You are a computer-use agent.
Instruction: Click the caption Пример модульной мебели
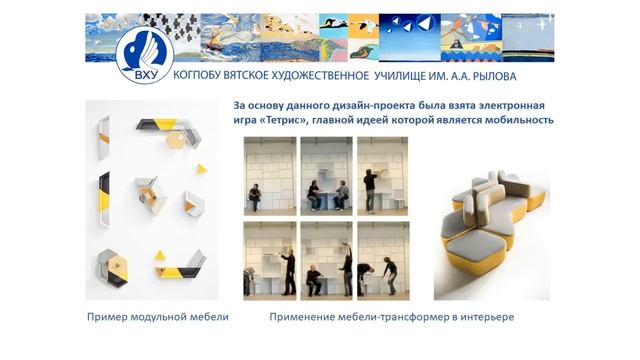coord(157,317)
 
